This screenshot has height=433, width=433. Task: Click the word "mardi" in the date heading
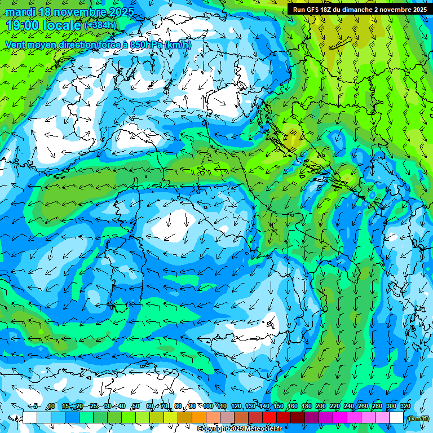[x=20, y=12]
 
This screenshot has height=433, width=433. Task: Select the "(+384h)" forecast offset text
[x=100, y=25]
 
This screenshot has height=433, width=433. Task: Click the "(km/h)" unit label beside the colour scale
[x=418, y=418]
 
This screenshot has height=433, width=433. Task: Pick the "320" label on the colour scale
[x=405, y=406]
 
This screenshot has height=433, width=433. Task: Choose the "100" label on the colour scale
[x=208, y=406]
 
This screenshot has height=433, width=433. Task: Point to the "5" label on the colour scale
[x=36, y=406]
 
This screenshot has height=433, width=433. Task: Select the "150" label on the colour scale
[x=279, y=406]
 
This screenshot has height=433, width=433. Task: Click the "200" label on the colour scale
[x=321, y=406]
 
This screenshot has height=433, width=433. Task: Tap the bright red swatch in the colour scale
[x=269, y=418]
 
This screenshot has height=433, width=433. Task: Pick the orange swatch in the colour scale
[x=199, y=418]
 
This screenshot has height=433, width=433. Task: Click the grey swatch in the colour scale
[x=227, y=418]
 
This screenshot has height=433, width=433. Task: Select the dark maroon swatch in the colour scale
[x=298, y=418]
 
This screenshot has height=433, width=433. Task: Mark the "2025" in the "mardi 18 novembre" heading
[x=120, y=12]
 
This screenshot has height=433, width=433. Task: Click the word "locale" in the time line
[x=63, y=25]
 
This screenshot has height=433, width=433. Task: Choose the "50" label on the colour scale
[x=136, y=406]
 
